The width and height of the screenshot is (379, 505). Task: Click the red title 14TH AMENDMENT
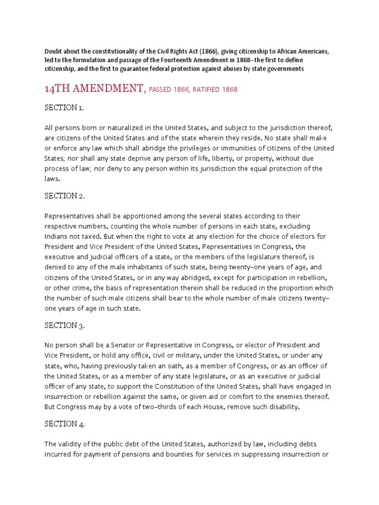coord(94,89)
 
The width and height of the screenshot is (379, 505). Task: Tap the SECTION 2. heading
coord(65,196)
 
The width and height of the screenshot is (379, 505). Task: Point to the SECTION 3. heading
coord(65,325)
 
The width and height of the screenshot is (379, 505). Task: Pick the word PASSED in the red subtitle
coord(159,90)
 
